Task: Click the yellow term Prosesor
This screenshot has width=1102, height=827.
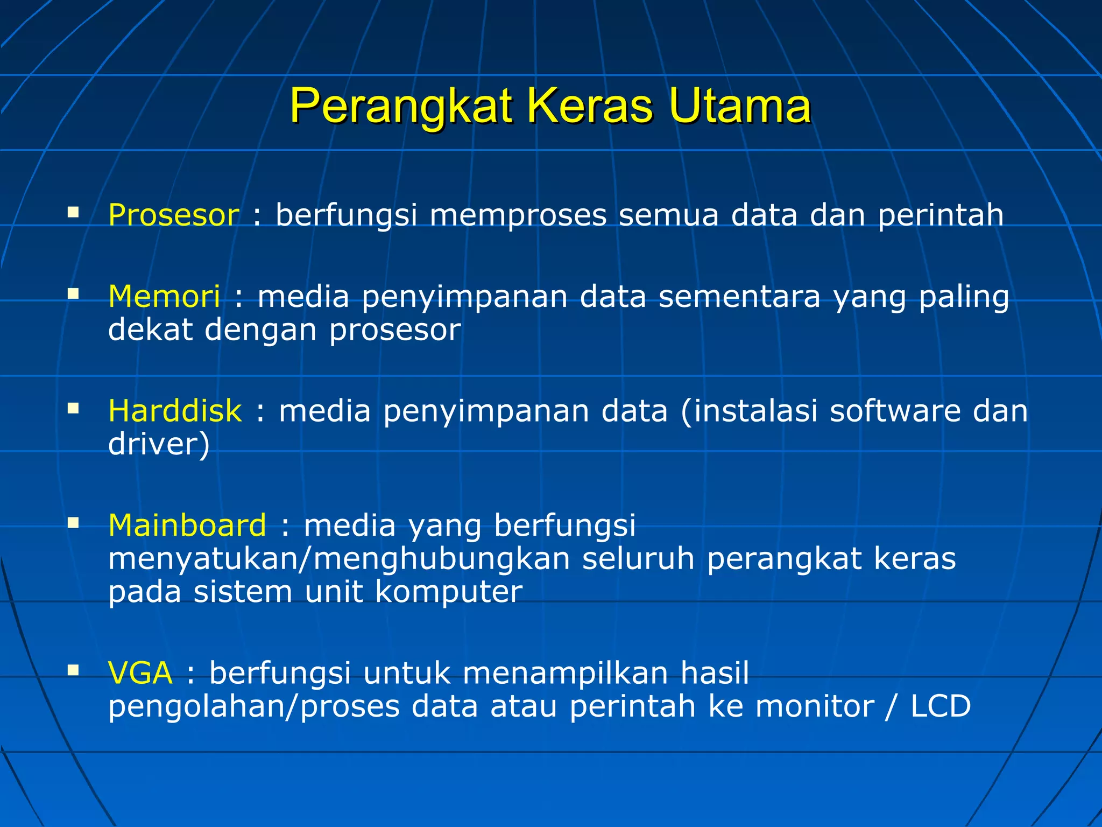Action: pos(174,215)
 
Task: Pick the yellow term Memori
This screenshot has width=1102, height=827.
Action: pos(164,297)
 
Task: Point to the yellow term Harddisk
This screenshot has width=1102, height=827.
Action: pos(175,411)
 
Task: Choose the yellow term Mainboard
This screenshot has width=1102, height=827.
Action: pos(187,525)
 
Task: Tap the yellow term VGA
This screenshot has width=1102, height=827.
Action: pos(140,673)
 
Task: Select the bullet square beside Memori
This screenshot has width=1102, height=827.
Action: pos(73,293)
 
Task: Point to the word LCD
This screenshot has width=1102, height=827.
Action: pos(941,706)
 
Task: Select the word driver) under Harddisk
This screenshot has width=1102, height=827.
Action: pos(159,445)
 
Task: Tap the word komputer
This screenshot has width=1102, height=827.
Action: pos(448,592)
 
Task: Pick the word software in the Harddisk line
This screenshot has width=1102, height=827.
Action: pos(895,411)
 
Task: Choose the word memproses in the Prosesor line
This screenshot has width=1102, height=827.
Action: pos(518,215)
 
